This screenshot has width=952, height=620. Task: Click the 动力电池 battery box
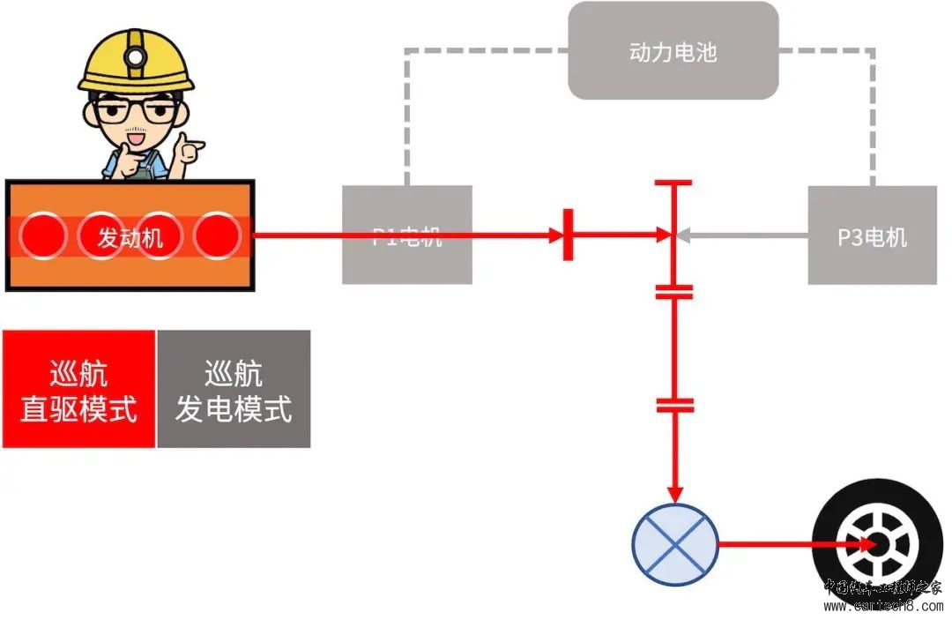click(673, 51)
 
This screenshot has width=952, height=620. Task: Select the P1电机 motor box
click(406, 235)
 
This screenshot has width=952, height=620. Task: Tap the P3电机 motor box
click(872, 235)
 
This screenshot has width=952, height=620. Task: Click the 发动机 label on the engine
click(130, 237)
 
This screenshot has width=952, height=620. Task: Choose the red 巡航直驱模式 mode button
click(78, 389)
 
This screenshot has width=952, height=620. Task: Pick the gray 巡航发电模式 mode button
click(234, 389)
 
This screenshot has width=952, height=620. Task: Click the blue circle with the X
click(675, 544)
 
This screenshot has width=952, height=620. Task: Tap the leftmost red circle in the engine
click(42, 235)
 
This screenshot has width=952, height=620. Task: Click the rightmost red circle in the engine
click(217, 235)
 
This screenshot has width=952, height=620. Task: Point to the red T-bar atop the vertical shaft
click(674, 183)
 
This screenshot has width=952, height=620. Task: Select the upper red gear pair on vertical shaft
click(674, 292)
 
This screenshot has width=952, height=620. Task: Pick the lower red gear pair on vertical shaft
click(674, 406)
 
